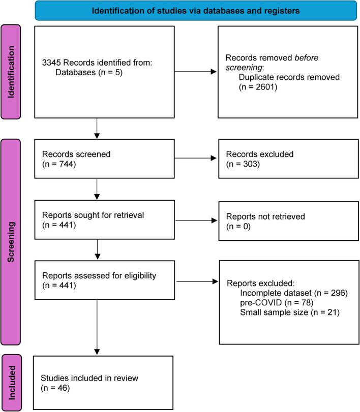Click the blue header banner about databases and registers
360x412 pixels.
point(196,10)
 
